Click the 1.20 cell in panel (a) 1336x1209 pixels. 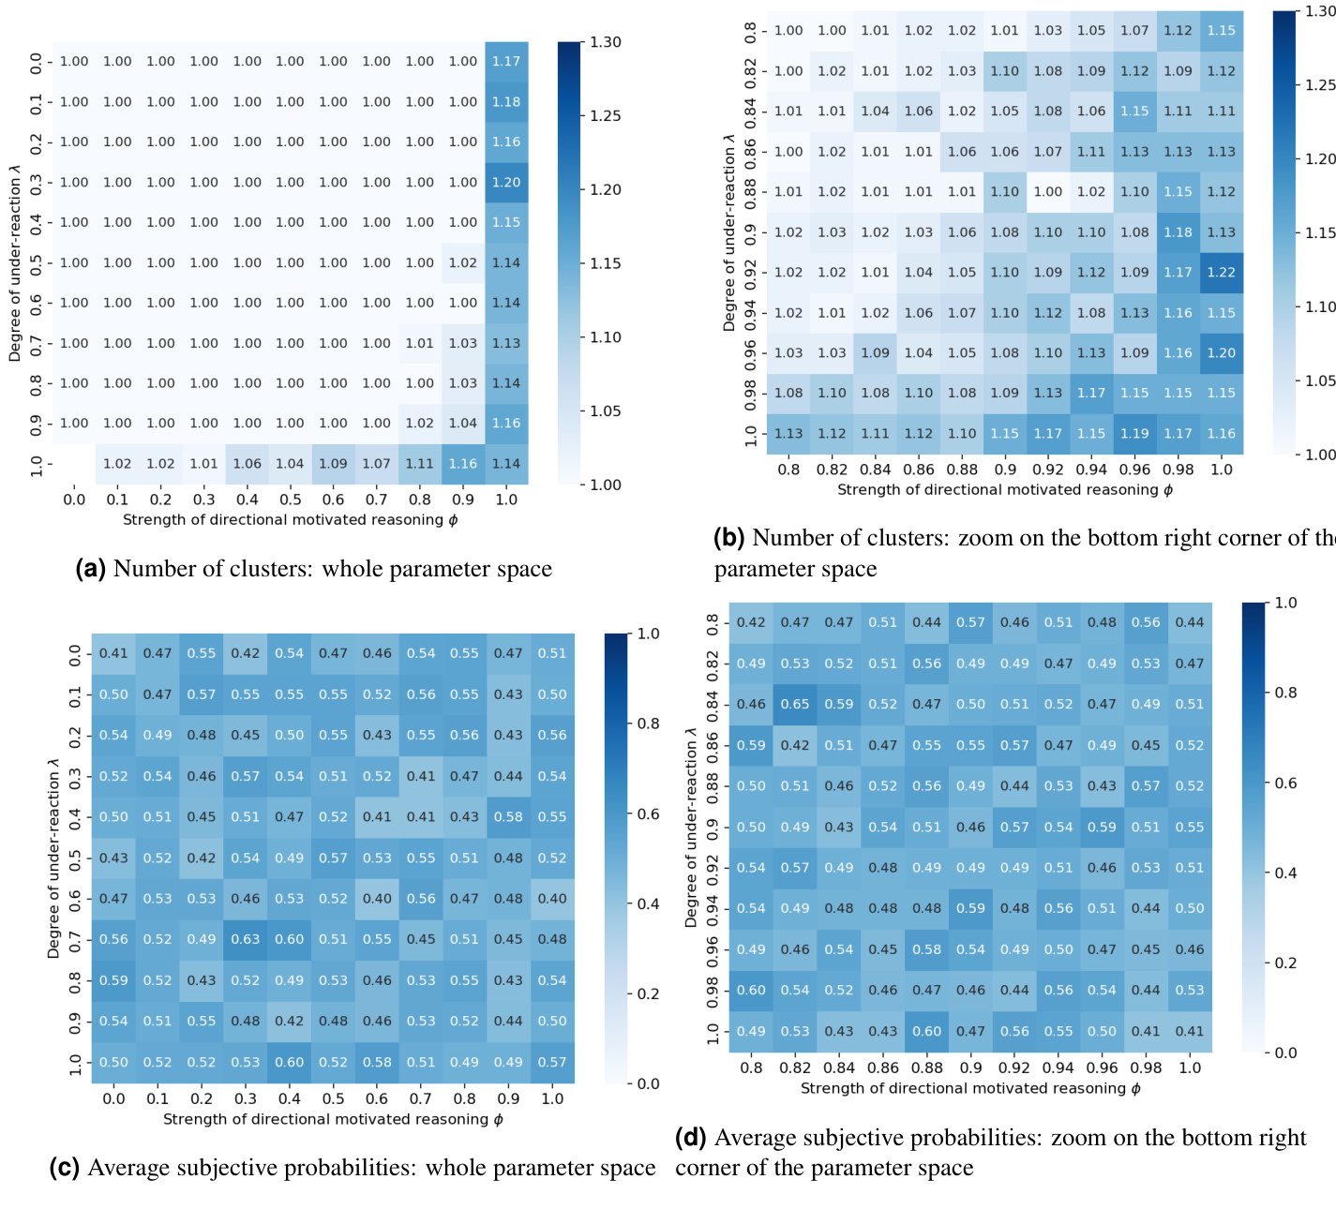(506, 183)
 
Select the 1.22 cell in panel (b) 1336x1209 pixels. (1221, 273)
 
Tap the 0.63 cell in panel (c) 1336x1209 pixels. (246, 939)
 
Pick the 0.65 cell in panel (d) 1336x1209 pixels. (795, 704)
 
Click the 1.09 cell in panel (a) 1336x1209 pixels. (333, 464)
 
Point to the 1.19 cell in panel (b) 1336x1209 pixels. (1134, 434)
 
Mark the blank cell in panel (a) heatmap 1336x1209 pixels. (74, 464)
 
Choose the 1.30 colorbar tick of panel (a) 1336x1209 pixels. (606, 42)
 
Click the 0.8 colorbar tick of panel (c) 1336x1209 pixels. (648, 724)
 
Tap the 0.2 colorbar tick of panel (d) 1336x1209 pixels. (1285, 963)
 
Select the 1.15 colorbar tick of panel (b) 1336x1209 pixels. (1320, 232)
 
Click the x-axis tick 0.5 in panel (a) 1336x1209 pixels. (290, 500)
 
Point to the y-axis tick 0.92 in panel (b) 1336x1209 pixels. (750, 273)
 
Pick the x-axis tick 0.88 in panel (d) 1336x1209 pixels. (926, 1067)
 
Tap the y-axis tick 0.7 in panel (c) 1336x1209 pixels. (75, 939)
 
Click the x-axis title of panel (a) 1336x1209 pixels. (290, 520)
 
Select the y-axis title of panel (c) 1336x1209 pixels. (53, 858)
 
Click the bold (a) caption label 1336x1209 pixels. (90, 569)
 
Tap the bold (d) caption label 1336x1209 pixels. (691, 1138)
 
